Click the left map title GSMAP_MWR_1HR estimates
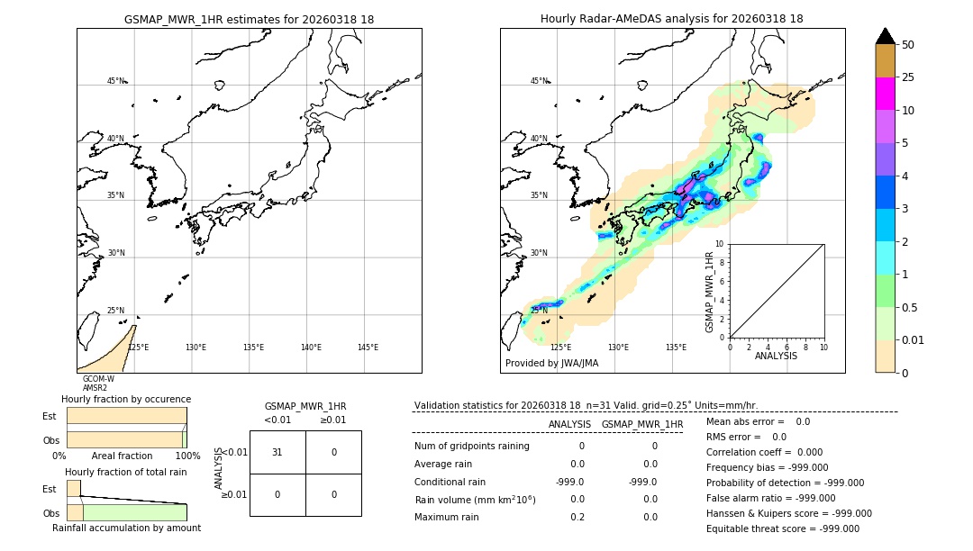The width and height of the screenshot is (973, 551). (249, 19)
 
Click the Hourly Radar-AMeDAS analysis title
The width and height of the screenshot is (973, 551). (671, 19)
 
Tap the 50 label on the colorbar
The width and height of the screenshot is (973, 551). (908, 45)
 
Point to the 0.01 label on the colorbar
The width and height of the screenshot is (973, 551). (914, 340)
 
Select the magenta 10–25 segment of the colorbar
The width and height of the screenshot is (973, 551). (885, 94)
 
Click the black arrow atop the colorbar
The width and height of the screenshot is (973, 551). (885, 36)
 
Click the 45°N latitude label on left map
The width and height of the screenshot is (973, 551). (116, 81)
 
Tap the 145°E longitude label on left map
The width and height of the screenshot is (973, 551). (368, 348)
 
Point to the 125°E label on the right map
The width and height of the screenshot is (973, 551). (560, 348)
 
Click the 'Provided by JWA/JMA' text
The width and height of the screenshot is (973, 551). (551, 363)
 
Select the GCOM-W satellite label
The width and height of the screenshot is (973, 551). (98, 379)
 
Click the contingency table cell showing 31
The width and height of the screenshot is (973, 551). (277, 452)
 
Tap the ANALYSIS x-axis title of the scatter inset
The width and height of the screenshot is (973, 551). (776, 356)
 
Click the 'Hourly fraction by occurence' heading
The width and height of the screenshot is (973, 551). (126, 399)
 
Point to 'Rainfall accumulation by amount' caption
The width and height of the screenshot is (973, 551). (126, 528)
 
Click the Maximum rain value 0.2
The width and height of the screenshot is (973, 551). (577, 517)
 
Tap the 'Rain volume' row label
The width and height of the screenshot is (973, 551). (475, 499)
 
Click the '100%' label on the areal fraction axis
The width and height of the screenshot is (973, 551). (187, 456)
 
